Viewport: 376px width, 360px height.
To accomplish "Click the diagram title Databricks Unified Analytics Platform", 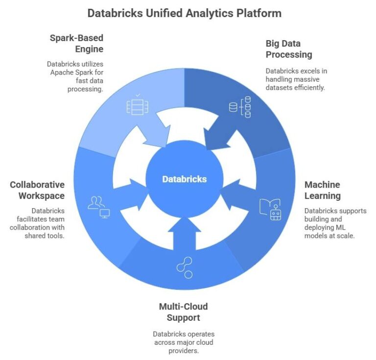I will [184, 13].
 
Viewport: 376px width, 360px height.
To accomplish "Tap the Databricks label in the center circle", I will [185, 179].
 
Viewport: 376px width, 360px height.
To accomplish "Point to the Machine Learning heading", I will [322, 190].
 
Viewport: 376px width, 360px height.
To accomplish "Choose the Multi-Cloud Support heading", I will [183, 312].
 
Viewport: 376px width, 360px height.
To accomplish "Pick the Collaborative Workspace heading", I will [37, 190].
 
